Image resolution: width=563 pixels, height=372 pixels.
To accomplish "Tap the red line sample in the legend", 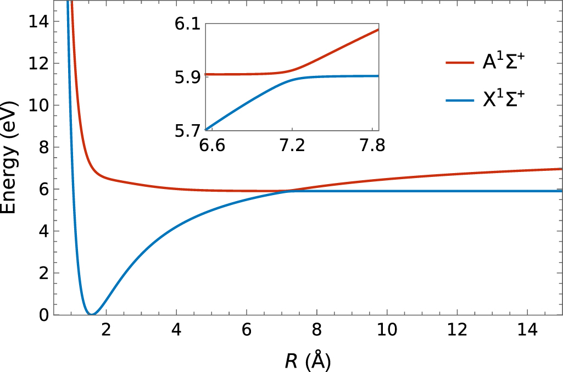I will pyautogui.click(x=460, y=63).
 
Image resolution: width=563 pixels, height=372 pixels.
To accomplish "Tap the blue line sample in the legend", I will pyautogui.click(x=460, y=102).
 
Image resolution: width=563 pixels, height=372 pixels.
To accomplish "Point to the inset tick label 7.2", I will pyautogui.click(x=292, y=146).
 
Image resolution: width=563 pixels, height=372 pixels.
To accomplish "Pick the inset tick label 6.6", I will pyautogui.click(x=213, y=146).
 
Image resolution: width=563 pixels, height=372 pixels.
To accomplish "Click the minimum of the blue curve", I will pyautogui.click(x=91, y=314).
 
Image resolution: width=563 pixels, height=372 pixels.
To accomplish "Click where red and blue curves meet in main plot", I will pyautogui.click(x=288, y=191).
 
